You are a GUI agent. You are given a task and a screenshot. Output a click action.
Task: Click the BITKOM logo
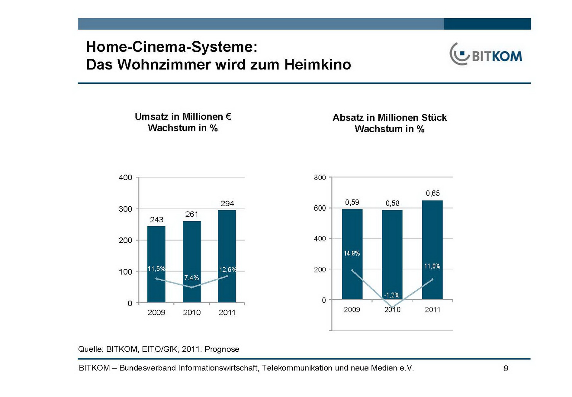(x=485, y=54)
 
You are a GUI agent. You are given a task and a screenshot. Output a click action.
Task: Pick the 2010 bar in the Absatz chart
(x=392, y=251)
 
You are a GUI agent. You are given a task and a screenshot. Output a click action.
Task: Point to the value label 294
(x=227, y=204)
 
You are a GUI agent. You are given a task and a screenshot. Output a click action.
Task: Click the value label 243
(x=157, y=219)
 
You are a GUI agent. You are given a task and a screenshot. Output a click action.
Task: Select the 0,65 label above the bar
(x=433, y=194)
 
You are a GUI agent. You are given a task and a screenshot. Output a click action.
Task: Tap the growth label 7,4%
(x=192, y=278)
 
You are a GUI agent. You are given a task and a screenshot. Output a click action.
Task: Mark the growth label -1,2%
(x=392, y=295)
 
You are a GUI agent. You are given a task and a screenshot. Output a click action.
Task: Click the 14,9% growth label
(x=352, y=253)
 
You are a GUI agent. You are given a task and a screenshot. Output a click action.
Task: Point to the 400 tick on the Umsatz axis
(x=125, y=178)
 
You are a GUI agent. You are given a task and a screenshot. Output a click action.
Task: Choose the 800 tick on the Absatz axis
(x=320, y=178)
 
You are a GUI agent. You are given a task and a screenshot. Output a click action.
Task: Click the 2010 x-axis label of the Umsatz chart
(x=192, y=313)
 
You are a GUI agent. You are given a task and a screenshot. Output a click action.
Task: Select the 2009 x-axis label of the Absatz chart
(x=352, y=310)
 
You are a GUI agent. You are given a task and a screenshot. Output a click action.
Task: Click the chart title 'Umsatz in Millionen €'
(x=183, y=117)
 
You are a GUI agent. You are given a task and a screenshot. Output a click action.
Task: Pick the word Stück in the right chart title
(x=434, y=117)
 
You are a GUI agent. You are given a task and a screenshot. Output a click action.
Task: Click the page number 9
(x=506, y=368)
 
